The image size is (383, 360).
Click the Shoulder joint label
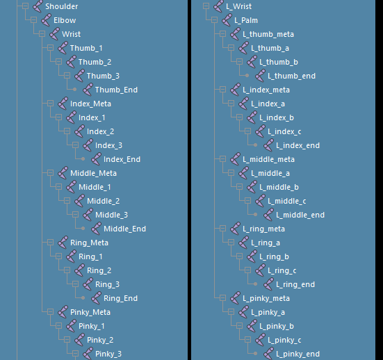tap(62, 6)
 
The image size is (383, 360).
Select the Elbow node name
tap(65, 20)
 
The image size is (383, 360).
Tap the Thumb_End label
tap(116, 90)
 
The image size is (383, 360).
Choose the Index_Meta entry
tap(90, 104)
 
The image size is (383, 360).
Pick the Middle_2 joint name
tap(104, 201)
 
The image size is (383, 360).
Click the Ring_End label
tap(121, 298)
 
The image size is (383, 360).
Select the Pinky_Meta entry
tap(90, 312)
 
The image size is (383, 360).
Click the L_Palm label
tap(246, 20)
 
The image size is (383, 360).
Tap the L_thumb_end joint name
tap(292, 76)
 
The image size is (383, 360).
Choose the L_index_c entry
tap(284, 131)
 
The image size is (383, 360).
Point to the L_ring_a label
tap(266, 243)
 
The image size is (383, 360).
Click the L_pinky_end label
tap(298, 354)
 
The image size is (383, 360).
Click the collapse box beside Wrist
tap(42, 33)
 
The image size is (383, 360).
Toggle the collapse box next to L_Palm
tap(215, 19)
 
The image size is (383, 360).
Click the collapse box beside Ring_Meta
tap(50, 243)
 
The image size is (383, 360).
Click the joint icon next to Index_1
tap(72, 117)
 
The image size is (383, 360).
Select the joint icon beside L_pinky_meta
tap(236, 298)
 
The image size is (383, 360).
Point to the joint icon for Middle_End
tap(96, 229)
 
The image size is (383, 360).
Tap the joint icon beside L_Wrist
tap(219, 6)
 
